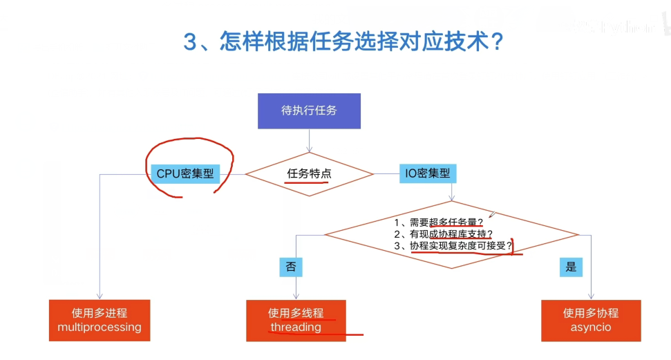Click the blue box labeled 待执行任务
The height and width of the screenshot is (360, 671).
(x=309, y=111)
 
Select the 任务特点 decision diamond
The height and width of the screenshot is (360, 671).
(x=309, y=174)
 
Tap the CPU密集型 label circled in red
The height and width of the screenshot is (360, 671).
(x=185, y=174)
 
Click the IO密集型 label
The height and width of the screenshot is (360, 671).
(x=428, y=173)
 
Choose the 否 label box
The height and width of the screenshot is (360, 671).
(x=291, y=267)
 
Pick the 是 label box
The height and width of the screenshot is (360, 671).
(x=571, y=267)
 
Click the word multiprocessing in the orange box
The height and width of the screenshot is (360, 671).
(x=100, y=328)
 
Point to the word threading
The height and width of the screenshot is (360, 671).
(x=296, y=328)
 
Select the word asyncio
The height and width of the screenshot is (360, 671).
(x=591, y=328)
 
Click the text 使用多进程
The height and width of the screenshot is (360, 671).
(x=100, y=313)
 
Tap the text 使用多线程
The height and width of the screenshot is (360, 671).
(x=296, y=313)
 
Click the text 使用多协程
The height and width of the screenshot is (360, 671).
(x=591, y=313)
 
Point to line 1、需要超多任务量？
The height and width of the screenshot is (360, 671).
(x=439, y=222)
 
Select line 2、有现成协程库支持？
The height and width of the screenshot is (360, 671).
(x=444, y=234)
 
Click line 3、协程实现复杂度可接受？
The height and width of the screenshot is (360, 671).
(x=453, y=246)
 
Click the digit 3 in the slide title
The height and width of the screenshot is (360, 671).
(x=190, y=42)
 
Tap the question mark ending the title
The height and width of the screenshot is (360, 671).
(x=496, y=42)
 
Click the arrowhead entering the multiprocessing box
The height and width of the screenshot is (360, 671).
(x=100, y=296)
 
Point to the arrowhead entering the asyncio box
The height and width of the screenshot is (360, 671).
(x=591, y=296)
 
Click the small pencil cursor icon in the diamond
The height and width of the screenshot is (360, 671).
(x=492, y=214)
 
